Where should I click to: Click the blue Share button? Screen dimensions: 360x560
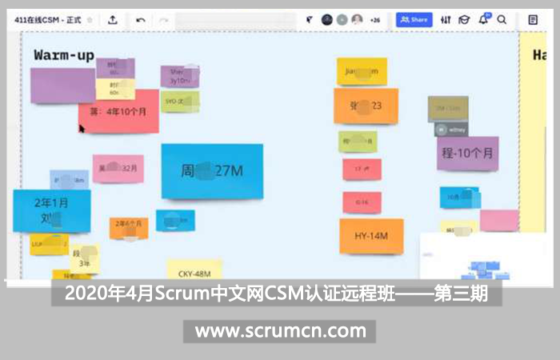pyautogui.click(x=414, y=19)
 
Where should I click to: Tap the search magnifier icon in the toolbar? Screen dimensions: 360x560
pyautogui.click(x=502, y=19)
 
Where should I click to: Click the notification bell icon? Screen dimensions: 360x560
pyautogui.click(x=484, y=19)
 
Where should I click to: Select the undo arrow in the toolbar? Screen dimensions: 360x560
pyautogui.click(x=141, y=19)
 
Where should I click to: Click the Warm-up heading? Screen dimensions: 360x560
pyautogui.click(x=64, y=55)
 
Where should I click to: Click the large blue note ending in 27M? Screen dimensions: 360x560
pyautogui.click(x=212, y=170)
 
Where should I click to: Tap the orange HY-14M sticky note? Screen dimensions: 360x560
pyautogui.click(x=371, y=235)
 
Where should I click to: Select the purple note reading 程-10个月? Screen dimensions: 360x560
pyautogui.click(x=468, y=152)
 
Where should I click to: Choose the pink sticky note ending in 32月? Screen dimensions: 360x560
pyautogui.click(x=118, y=169)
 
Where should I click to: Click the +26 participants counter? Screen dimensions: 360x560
pyautogui.click(x=374, y=19)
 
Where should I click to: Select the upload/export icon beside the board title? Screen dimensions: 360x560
pyautogui.click(x=113, y=19)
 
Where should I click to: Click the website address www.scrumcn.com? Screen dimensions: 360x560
pyautogui.click(x=280, y=330)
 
